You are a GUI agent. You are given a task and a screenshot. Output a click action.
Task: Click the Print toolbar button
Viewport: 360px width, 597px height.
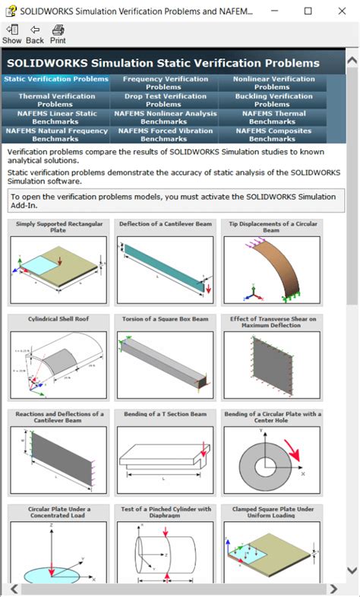[58, 33]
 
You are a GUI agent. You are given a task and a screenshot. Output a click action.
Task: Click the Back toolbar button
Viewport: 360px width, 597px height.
[35, 33]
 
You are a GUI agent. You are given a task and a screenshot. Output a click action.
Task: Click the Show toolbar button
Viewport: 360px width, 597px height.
[11, 33]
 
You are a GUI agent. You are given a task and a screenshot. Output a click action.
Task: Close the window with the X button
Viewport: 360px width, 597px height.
[341, 11]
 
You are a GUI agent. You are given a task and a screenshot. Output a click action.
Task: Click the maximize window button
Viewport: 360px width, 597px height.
[308, 11]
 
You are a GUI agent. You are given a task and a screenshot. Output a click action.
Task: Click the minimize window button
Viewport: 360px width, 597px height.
[274, 11]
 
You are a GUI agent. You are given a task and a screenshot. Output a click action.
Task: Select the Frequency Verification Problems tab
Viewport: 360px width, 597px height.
[165, 83]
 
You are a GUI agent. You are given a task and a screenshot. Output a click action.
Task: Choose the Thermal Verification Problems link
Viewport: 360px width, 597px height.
[57, 100]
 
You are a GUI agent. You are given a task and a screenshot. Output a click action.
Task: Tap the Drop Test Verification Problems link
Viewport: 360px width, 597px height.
[165, 100]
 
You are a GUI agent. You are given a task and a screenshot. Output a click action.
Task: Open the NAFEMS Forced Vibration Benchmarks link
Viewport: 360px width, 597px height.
[165, 135]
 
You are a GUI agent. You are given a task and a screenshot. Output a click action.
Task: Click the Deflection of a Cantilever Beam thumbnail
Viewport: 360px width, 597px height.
[166, 270]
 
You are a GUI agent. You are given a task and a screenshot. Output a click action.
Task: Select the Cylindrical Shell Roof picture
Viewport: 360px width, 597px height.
[58, 365]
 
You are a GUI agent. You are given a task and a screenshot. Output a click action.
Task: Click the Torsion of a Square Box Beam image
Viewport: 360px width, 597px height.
[166, 365]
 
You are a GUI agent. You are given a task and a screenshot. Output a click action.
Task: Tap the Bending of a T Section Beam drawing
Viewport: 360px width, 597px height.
[166, 460]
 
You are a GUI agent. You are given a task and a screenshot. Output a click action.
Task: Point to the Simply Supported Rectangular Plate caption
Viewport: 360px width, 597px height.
[58, 227]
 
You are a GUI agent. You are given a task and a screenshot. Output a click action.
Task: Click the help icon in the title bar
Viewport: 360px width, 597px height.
[11, 11]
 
